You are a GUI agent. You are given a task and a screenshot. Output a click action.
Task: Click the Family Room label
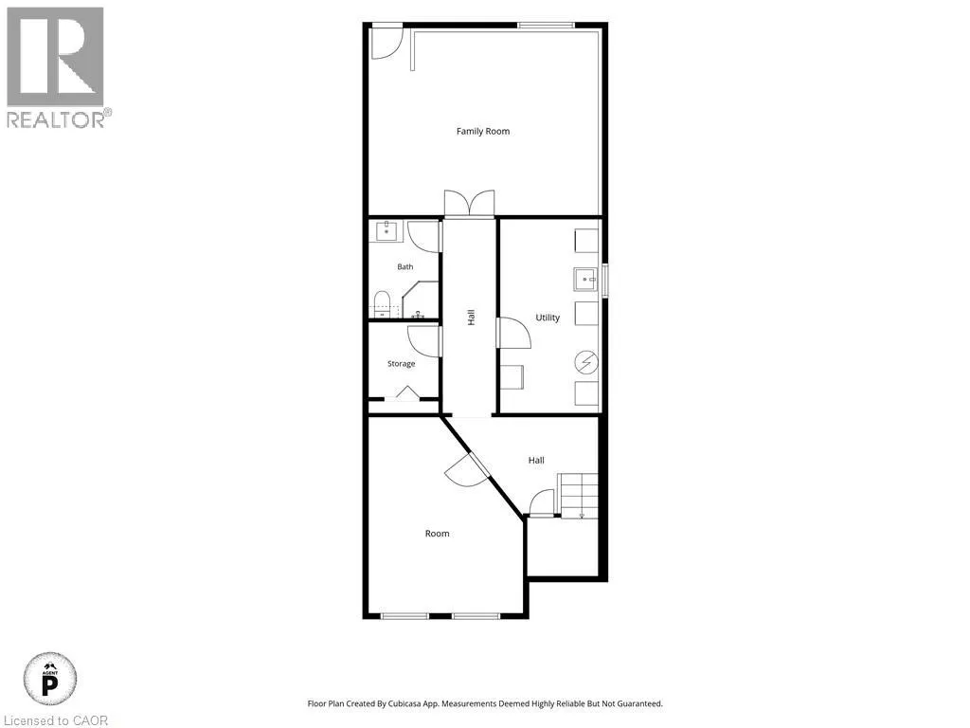[483, 131]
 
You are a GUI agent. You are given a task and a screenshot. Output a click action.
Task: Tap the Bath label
[405, 266]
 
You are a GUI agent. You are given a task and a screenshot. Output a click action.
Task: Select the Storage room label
[401, 364]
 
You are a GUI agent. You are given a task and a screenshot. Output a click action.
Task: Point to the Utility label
[548, 318]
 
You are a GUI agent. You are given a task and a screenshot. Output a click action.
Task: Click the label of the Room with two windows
[437, 534]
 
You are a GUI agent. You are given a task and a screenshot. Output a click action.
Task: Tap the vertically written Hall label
[472, 318]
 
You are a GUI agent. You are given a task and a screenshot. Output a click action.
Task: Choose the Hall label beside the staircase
[536, 461]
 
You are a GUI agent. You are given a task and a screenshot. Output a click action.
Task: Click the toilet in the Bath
[383, 303]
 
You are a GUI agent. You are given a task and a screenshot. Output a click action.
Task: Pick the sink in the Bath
[387, 231]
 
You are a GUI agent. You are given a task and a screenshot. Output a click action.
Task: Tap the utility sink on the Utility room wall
[585, 280]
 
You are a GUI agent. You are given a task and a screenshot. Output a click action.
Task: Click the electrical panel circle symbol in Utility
[586, 363]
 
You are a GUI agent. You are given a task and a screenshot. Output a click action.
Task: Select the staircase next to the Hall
[579, 495]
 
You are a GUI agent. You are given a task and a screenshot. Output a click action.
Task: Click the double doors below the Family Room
[470, 203]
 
